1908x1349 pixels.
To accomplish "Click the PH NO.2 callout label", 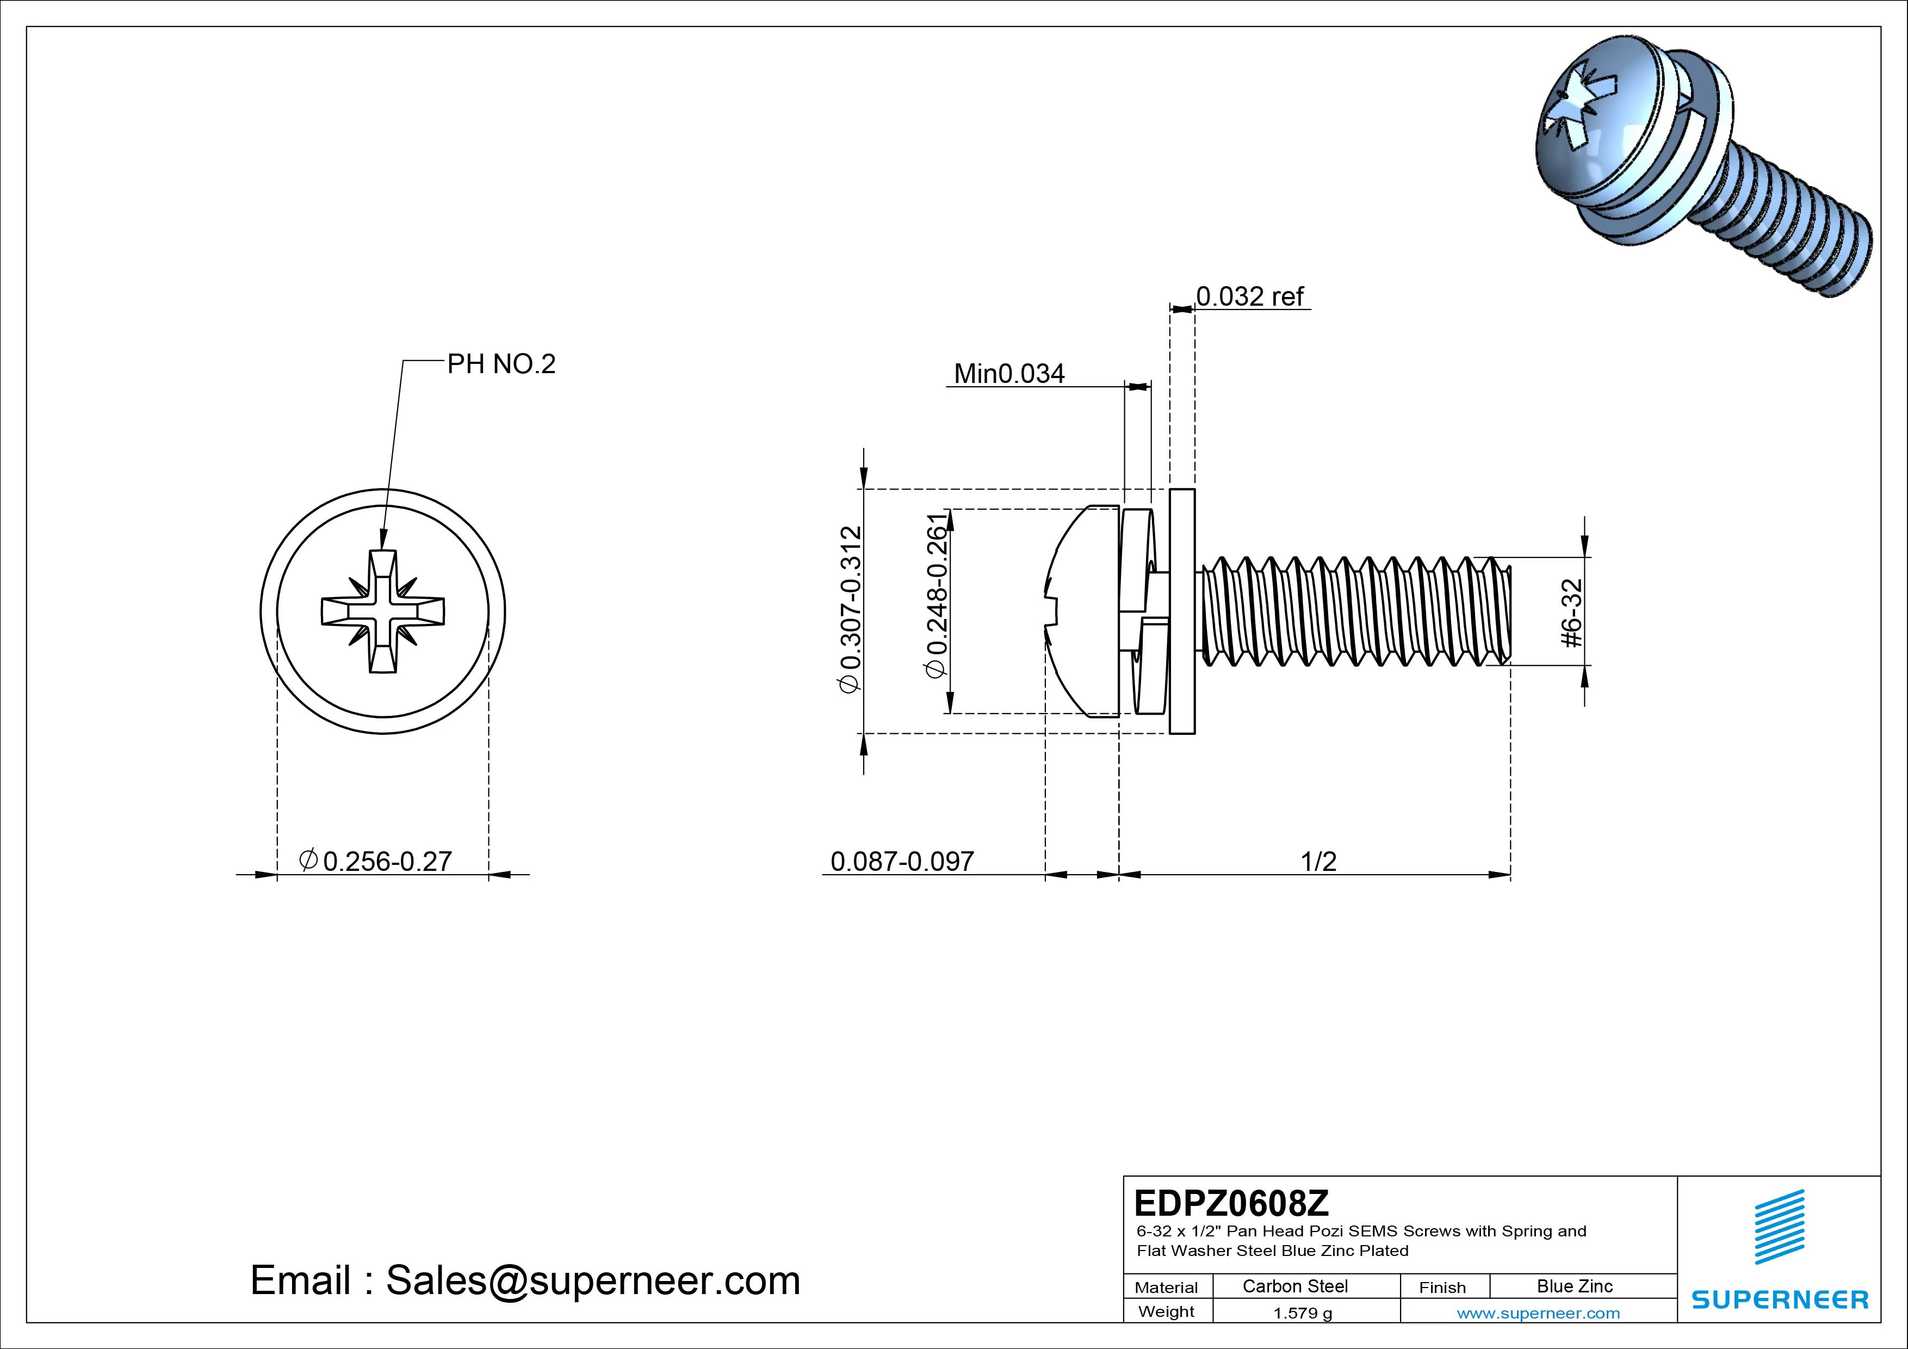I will (501, 364).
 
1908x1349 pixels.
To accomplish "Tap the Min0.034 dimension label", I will (1009, 374).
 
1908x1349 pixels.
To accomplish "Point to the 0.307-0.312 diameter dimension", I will (851, 609).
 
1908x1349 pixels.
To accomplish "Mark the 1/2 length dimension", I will (1318, 861).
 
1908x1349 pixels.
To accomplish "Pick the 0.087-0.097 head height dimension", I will (902, 861).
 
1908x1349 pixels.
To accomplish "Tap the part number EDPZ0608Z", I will (1231, 1203).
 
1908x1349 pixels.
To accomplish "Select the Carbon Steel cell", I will (1294, 1286).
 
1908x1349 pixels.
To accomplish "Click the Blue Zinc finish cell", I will (1574, 1286).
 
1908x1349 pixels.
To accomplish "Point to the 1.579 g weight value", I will (1302, 1313).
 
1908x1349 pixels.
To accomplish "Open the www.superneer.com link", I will (1538, 1313).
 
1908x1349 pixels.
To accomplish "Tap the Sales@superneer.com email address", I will (592, 1280).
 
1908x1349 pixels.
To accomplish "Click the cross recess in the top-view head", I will (383, 611).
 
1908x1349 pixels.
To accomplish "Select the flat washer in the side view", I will (1182, 611).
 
